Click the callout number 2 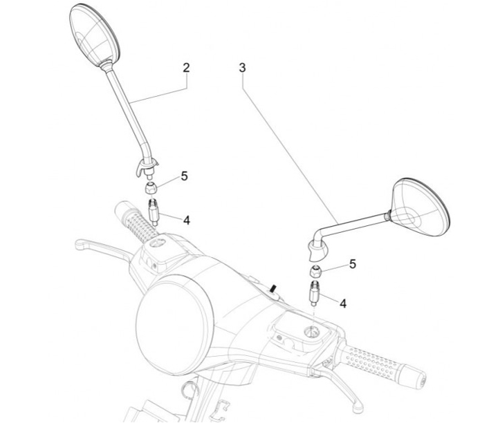point(186,68)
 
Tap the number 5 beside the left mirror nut point(184,176)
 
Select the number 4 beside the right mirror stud point(343,302)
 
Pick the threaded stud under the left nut point(154,210)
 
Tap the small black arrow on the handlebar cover point(274,286)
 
